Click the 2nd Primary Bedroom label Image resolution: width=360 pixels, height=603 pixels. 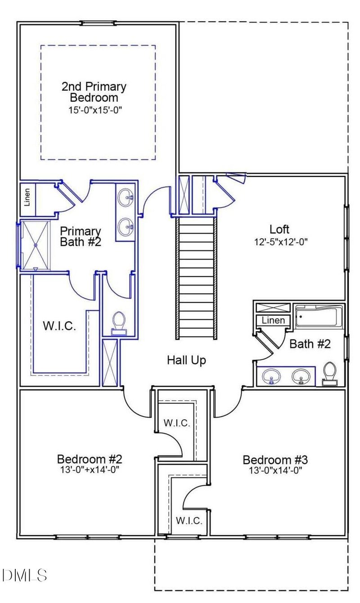point(94,92)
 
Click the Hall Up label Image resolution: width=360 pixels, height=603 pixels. point(187,360)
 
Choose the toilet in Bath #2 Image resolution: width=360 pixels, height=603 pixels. point(330,374)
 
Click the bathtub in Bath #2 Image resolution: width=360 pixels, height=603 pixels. point(319,316)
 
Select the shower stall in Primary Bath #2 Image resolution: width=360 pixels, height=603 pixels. point(35,246)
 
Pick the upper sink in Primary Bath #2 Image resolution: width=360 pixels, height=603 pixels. point(126,197)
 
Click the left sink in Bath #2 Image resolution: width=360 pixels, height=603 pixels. point(271,376)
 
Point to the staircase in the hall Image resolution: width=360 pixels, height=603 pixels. point(196,277)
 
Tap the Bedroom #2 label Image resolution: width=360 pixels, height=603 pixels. point(90,460)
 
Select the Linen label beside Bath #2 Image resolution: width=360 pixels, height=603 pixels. point(273,321)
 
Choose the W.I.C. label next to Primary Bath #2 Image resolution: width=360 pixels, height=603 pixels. point(59,326)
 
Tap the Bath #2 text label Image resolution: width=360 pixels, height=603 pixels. point(310,344)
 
